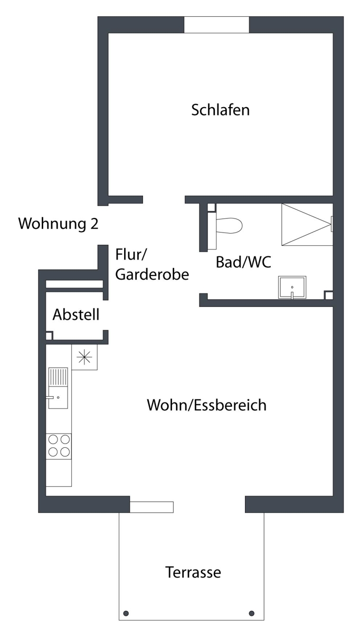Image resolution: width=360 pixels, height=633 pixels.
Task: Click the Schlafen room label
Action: point(220,110)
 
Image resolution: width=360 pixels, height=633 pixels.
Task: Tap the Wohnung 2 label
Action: point(58,224)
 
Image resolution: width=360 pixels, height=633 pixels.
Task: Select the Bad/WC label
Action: point(243,262)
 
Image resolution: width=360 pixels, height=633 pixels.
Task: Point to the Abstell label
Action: point(76,314)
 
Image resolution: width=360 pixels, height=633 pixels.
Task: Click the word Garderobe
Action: point(152,274)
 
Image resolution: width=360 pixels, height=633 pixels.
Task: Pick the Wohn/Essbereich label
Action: point(207,405)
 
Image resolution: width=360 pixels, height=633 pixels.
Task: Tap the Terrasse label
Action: point(193,572)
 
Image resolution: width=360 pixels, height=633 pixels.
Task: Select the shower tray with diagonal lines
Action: point(307,224)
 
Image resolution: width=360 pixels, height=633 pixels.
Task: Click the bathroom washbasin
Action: point(292,287)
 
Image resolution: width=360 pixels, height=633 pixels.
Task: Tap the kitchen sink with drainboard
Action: point(58,388)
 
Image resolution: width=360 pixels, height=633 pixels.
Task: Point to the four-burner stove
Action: point(59,446)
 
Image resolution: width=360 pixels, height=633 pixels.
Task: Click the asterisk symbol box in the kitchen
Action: point(84,357)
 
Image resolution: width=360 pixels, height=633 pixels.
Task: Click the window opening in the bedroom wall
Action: point(216,25)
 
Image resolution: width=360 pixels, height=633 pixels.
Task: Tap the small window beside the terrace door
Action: point(151,507)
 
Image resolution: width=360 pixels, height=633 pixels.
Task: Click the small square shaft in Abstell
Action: point(49,335)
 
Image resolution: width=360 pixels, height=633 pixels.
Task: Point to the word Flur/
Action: point(131,255)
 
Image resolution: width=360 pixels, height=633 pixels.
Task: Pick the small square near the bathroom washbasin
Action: point(329,295)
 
